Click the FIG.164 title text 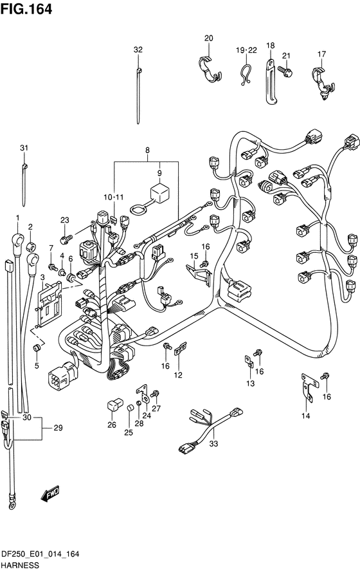(x=26, y=9)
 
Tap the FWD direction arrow (x=50, y=493)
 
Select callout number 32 (x=138, y=50)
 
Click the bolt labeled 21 (x=285, y=71)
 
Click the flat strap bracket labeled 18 (x=269, y=82)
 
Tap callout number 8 (x=147, y=150)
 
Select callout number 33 (x=213, y=444)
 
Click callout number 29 (x=59, y=428)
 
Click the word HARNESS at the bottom (x=20, y=566)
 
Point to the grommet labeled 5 (x=37, y=347)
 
